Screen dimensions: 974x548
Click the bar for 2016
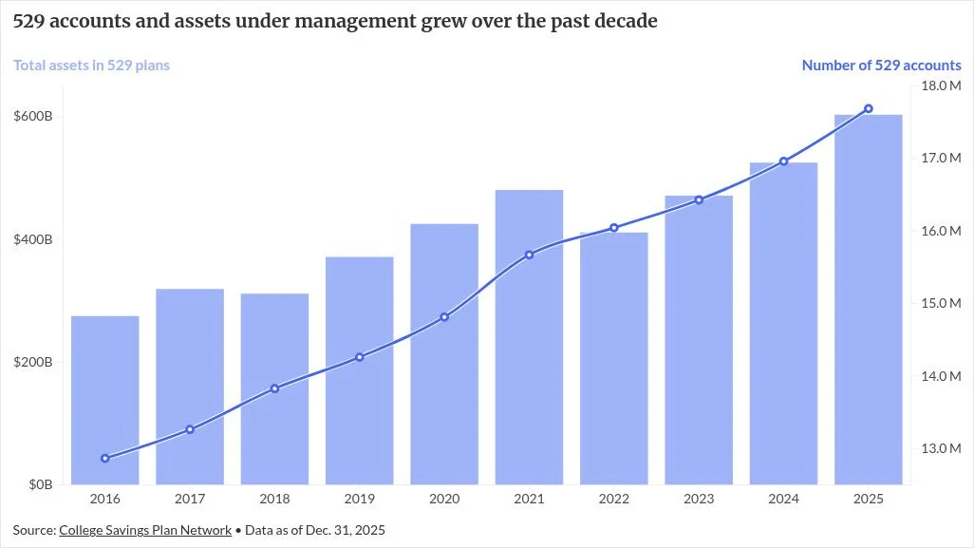105,400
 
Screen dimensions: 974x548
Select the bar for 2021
529,337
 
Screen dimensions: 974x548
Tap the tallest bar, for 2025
869,299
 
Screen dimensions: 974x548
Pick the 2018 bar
274,389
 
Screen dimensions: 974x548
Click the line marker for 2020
444,317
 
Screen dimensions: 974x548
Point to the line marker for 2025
869,108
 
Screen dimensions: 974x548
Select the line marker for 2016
105,459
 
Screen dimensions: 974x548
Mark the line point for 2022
613,228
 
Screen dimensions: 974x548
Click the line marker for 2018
274,389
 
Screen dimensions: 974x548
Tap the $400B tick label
33,239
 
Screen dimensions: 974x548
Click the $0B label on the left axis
41,484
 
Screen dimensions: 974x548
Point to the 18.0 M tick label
941,85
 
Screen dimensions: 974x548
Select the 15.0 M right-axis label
941,303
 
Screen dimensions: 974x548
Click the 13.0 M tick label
941,448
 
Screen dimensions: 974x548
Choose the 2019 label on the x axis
360,499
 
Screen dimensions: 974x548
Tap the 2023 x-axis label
699,499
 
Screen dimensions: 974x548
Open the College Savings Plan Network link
145,531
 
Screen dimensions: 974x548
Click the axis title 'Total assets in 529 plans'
91,66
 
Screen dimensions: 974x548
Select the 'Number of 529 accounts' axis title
882,66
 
